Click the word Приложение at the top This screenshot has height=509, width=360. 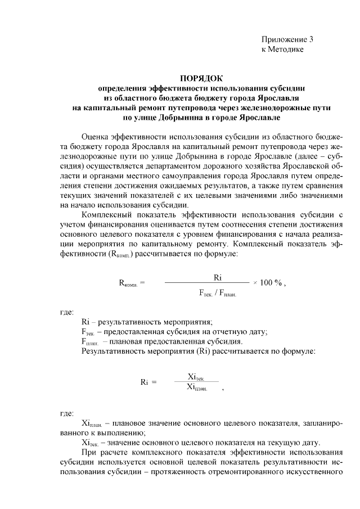tap(284, 40)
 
